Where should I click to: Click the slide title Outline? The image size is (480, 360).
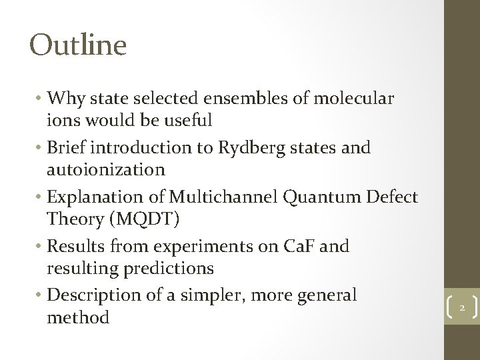[78, 45]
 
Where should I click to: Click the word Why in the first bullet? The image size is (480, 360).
[64, 99]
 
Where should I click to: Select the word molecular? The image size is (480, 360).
[352, 99]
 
